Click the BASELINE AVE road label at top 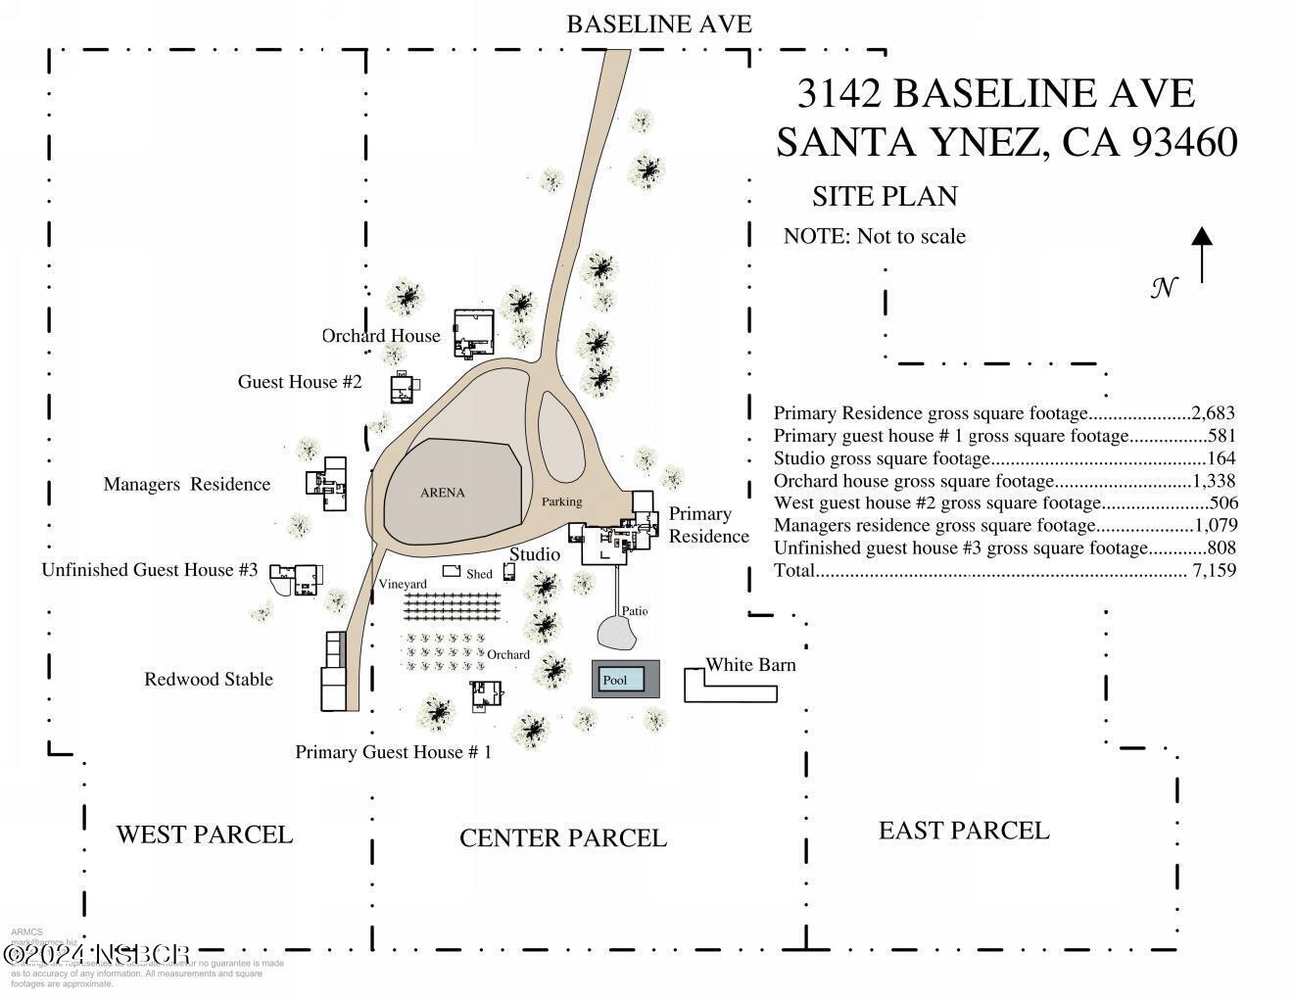658,24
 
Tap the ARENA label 442,493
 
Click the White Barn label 750,665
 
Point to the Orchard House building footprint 474,332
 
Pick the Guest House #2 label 300,382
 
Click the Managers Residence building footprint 328,483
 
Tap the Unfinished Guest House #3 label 150,570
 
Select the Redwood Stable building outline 335,672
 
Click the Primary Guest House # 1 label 394,752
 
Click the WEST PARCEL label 204,834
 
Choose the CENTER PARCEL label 563,838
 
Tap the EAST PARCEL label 964,831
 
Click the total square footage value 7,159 1214,570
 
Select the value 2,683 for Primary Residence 1214,413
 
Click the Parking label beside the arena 562,501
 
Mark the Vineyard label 403,585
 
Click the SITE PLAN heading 885,196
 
